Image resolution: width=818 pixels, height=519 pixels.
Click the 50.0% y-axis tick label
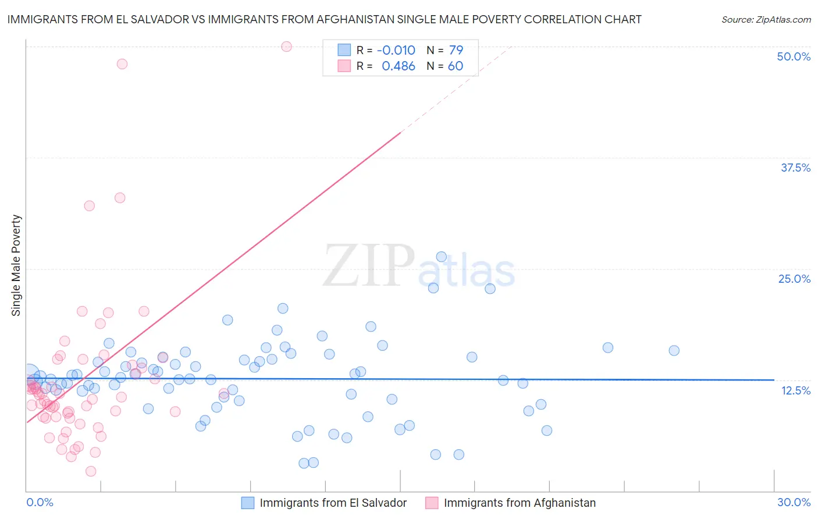point(794,56)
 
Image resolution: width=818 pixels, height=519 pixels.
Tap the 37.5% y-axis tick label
point(795,168)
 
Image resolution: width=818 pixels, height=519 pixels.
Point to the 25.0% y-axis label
point(794,279)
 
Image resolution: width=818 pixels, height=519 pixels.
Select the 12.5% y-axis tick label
point(795,390)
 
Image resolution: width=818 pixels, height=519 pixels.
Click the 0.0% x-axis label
point(40,502)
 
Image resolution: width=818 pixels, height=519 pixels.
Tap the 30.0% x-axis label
point(794,502)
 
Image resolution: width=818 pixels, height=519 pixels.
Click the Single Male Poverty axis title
point(16,265)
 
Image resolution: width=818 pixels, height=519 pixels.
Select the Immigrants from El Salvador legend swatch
point(248,503)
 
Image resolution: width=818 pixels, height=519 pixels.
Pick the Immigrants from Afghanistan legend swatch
point(432,503)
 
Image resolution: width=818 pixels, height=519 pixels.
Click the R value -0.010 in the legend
point(396,50)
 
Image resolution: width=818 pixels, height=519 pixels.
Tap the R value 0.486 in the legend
point(398,66)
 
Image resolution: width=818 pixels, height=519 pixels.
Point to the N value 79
point(456,50)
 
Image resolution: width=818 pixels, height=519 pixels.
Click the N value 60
point(456,66)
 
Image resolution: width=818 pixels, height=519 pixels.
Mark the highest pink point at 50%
point(286,47)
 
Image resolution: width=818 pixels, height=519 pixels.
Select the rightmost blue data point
point(674,350)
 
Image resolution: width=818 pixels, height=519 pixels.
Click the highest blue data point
point(441,257)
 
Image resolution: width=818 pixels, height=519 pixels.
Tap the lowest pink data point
point(91,471)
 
